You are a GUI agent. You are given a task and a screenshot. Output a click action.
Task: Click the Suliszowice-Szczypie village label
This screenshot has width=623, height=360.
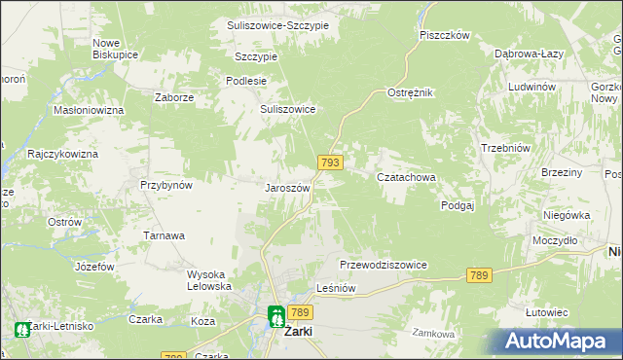point(277,24)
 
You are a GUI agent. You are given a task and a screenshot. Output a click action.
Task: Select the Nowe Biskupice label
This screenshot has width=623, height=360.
point(113,49)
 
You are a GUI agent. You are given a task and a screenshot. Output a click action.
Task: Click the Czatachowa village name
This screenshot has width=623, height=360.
point(406,178)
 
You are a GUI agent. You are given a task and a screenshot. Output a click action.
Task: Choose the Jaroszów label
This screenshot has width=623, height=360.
point(288,188)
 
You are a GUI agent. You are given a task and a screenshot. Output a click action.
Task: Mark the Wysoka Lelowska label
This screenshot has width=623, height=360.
point(209,280)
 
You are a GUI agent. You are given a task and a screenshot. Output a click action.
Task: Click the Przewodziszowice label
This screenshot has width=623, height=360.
point(384,265)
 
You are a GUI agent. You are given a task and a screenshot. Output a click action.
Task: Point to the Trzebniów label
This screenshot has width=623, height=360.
point(505,148)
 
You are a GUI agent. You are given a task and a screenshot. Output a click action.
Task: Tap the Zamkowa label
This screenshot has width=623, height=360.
point(433,334)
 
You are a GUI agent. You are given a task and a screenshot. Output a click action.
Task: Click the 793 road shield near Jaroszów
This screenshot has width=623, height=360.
point(329,163)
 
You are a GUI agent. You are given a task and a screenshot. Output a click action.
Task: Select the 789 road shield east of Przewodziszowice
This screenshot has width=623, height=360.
point(477,276)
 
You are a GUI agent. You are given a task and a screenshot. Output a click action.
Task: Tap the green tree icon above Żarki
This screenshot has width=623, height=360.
point(276,315)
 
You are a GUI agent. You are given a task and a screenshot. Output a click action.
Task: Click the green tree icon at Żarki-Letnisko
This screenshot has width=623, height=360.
point(21,332)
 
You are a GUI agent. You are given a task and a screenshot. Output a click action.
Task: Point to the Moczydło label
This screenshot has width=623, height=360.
point(556,239)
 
